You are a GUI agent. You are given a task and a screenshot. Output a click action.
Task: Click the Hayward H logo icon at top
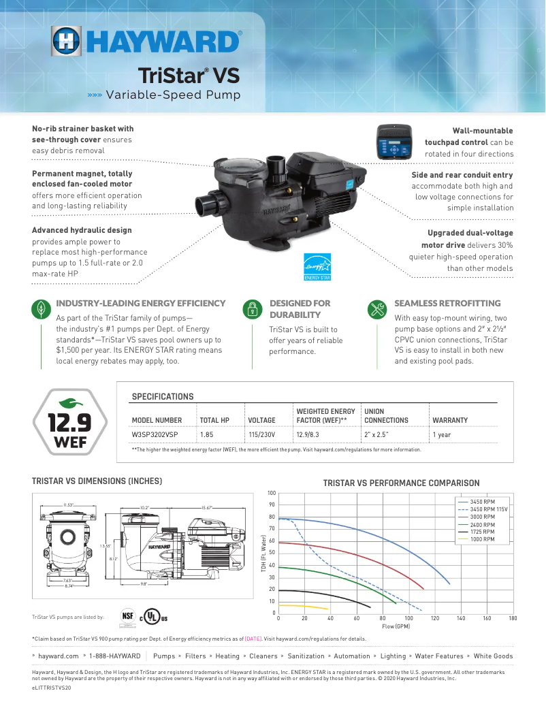[x=66, y=42]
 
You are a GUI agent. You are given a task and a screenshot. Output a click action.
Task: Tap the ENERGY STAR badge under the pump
[x=317, y=267]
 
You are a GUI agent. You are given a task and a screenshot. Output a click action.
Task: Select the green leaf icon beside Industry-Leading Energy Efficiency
[x=42, y=309]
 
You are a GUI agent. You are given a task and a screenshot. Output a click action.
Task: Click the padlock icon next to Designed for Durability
[x=253, y=309]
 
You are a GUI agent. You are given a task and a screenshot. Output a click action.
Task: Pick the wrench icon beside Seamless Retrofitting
[x=376, y=309]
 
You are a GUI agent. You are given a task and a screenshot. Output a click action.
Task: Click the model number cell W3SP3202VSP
[x=155, y=434]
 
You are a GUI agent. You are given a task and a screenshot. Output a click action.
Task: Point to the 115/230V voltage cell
[x=261, y=434]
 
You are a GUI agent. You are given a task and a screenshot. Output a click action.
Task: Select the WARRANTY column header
[x=450, y=420]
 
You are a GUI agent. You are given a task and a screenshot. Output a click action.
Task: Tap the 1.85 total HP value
[x=206, y=434]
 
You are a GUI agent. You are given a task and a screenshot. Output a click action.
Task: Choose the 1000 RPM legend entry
[x=482, y=539]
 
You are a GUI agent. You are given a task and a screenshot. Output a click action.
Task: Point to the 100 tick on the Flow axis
[x=408, y=618]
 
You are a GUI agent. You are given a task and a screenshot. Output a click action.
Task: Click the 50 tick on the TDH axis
[x=272, y=553]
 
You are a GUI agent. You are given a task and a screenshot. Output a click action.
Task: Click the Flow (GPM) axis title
[x=396, y=626]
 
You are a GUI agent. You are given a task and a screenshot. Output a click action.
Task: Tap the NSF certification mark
[x=127, y=615]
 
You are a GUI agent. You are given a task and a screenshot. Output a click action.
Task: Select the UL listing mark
[x=155, y=617]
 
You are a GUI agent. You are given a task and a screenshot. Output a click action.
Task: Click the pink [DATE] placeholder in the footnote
[x=253, y=639]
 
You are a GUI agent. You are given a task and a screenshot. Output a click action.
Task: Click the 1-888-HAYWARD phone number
[x=115, y=656]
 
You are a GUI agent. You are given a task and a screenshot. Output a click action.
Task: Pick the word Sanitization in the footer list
[x=306, y=656]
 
